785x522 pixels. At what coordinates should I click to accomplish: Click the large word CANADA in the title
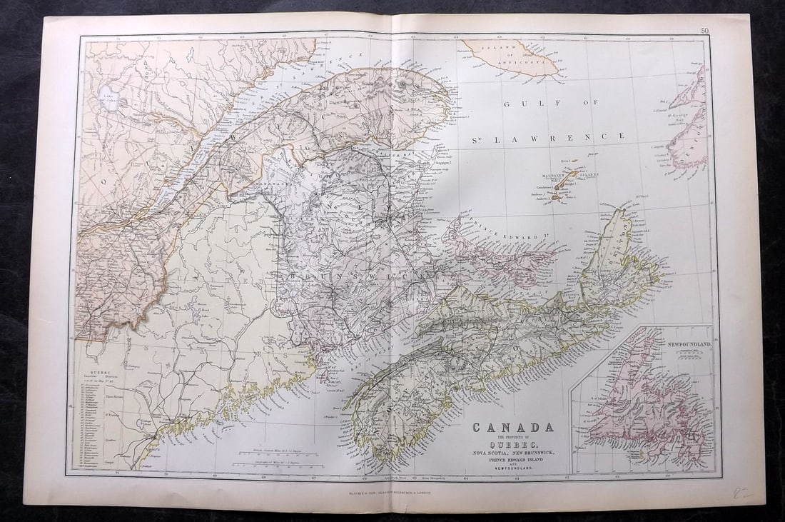512,428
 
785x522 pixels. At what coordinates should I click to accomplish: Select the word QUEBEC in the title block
512,444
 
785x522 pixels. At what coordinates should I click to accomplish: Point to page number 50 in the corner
704,30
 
